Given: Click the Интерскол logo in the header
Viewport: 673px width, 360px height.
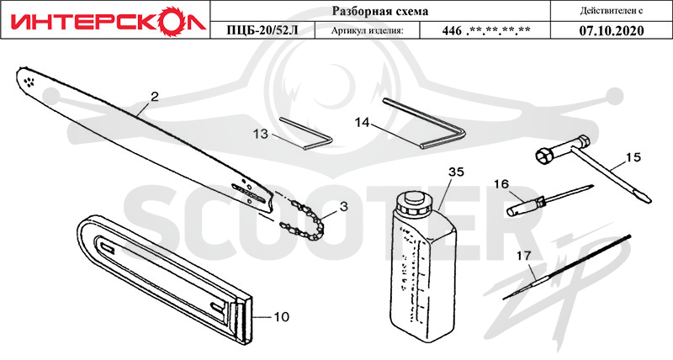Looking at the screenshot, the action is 106,20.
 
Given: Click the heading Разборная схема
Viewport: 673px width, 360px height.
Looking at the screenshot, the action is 380,11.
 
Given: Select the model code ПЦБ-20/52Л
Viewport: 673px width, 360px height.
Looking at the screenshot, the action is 262,31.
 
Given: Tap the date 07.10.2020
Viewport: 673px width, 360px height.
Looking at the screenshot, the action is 612,31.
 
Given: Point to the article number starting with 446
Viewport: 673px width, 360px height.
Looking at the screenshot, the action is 486,31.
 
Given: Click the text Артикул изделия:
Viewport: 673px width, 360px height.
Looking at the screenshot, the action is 368,31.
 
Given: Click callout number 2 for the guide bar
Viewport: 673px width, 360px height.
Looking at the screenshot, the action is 155,97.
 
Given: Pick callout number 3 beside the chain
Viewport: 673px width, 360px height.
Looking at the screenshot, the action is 343,206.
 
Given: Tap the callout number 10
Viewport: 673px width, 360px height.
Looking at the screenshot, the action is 282,317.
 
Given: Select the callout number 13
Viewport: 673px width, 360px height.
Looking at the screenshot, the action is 261,135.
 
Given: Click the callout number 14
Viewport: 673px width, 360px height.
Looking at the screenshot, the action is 363,123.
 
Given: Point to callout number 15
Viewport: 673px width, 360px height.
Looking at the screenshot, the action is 633,157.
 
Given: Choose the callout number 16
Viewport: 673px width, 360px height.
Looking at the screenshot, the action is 501,184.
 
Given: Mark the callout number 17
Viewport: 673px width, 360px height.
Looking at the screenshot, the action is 523,256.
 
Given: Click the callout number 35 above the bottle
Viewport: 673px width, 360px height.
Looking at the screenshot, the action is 456,172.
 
